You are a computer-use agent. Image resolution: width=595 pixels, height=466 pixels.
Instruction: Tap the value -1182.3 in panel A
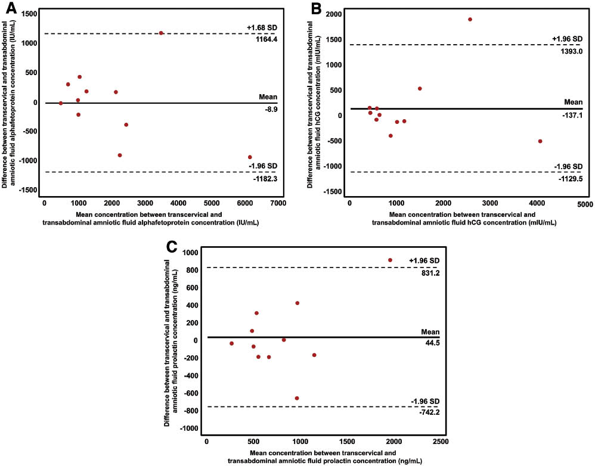click(260, 178)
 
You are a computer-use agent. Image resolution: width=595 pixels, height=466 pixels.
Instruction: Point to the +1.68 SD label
click(261, 27)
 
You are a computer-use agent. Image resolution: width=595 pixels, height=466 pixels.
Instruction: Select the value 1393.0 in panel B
click(567, 51)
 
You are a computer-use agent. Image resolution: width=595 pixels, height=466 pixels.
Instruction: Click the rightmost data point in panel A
click(250, 157)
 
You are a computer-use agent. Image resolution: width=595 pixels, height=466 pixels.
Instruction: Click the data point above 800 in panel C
click(390, 260)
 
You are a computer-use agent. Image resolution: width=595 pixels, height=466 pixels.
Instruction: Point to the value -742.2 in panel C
click(428, 412)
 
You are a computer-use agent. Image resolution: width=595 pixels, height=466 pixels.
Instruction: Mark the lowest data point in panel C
click(297, 398)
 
